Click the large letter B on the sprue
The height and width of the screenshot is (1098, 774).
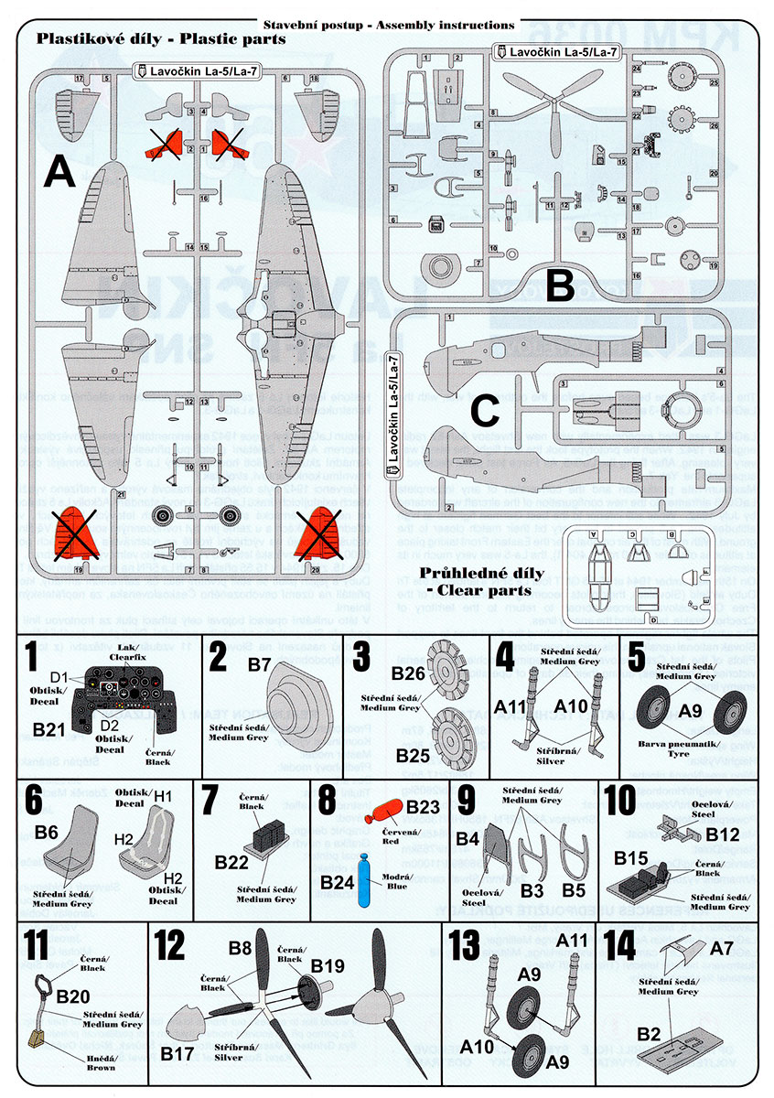pyautogui.click(x=559, y=285)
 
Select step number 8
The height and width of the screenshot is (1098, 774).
pyautogui.click(x=327, y=800)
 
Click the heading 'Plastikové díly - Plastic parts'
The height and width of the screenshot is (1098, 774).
pyautogui.click(x=160, y=39)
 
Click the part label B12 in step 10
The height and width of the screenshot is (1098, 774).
pyautogui.click(x=723, y=834)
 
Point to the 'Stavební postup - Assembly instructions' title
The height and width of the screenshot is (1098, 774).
pyautogui.click(x=387, y=25)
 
